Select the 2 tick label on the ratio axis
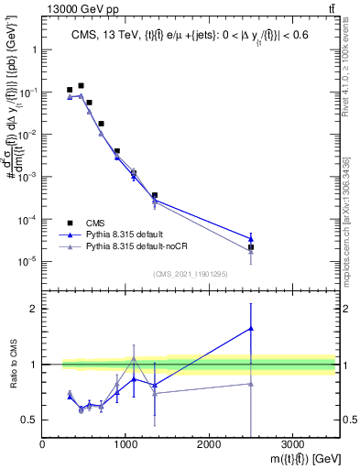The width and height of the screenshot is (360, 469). click(x=33, y=309)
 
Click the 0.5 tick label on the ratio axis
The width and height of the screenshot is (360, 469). click(x=29, y=420)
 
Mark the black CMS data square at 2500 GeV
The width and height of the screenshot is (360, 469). click(x=251, y=247)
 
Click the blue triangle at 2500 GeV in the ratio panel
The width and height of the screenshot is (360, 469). click(x=251, y=328)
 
